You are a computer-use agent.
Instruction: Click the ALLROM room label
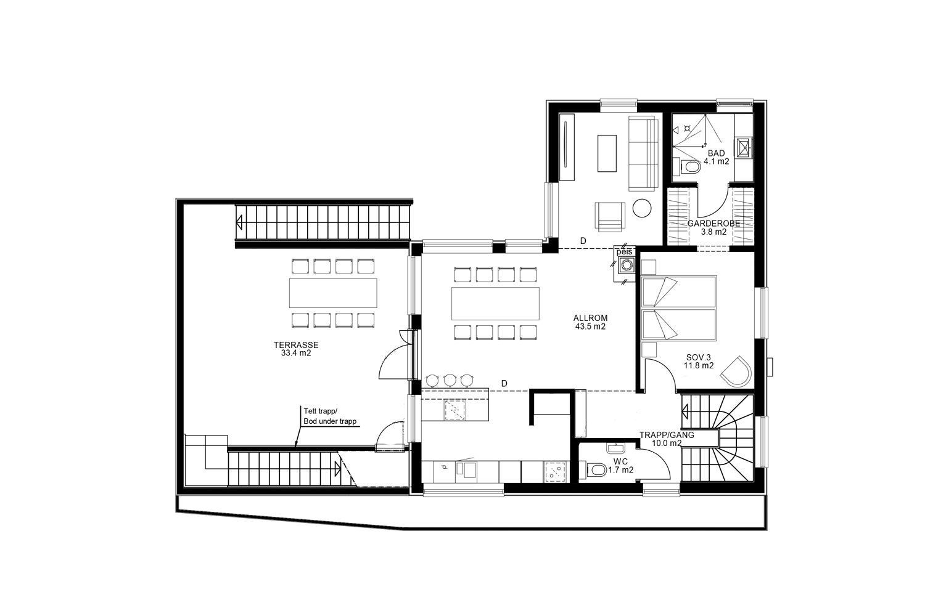590,318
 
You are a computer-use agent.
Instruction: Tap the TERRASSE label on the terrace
296,346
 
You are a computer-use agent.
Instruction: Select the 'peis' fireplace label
624,252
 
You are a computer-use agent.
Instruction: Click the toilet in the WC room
597,469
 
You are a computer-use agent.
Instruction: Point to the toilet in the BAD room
691,167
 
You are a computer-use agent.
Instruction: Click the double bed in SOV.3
678,308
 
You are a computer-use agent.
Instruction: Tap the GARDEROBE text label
713,224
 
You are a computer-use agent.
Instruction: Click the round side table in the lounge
642,208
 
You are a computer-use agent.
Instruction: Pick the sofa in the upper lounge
643,153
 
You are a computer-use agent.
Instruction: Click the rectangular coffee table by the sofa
607,153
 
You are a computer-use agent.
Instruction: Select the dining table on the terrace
333,293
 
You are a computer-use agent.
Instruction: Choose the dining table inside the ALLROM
496,304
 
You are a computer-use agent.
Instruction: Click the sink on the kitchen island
454,409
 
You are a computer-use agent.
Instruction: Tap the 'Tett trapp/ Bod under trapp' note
330,416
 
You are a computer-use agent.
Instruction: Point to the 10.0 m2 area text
667,443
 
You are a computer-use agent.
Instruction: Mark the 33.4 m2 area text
296,354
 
